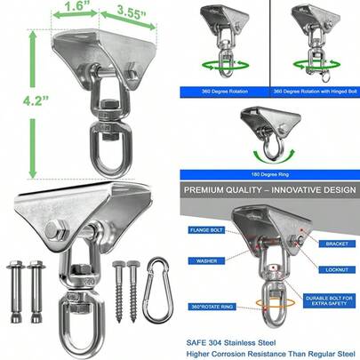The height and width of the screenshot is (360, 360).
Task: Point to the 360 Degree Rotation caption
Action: [225, 92]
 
